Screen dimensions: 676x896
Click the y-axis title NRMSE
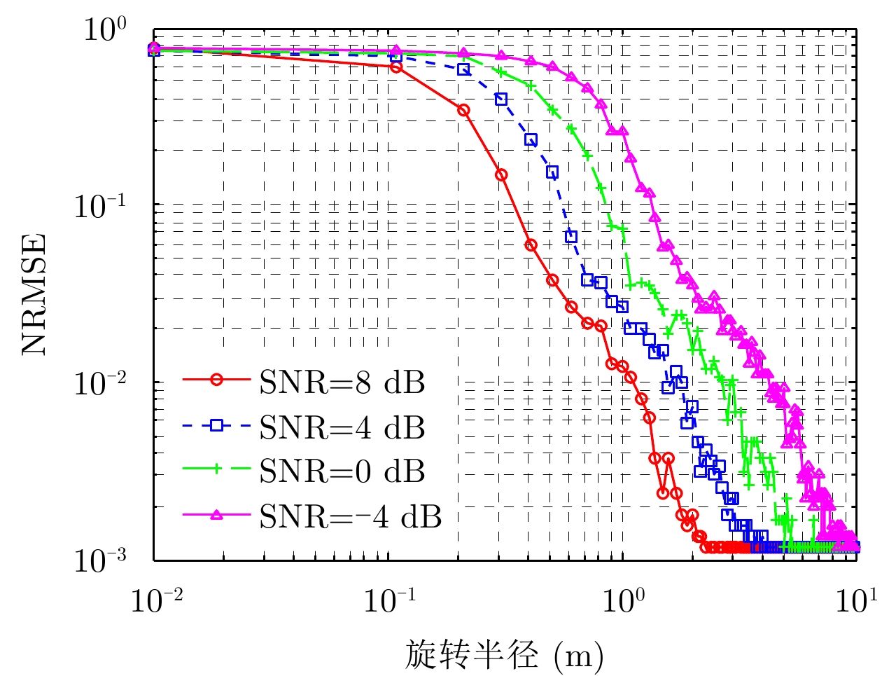[x=34, y=294]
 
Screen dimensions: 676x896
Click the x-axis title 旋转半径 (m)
[x=503, y=656]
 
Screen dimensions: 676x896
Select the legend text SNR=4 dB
[x=342, y=427]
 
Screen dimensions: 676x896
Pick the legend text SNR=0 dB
[x=342, y=471]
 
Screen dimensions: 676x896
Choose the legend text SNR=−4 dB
[x=351, y=516]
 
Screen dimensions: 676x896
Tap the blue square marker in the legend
[x=216, y=425]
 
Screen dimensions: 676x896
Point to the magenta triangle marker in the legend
[x=216, y=515]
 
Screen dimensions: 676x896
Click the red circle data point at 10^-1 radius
[x=395, y=67]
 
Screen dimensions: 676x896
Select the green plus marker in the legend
[x=216, y=470]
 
